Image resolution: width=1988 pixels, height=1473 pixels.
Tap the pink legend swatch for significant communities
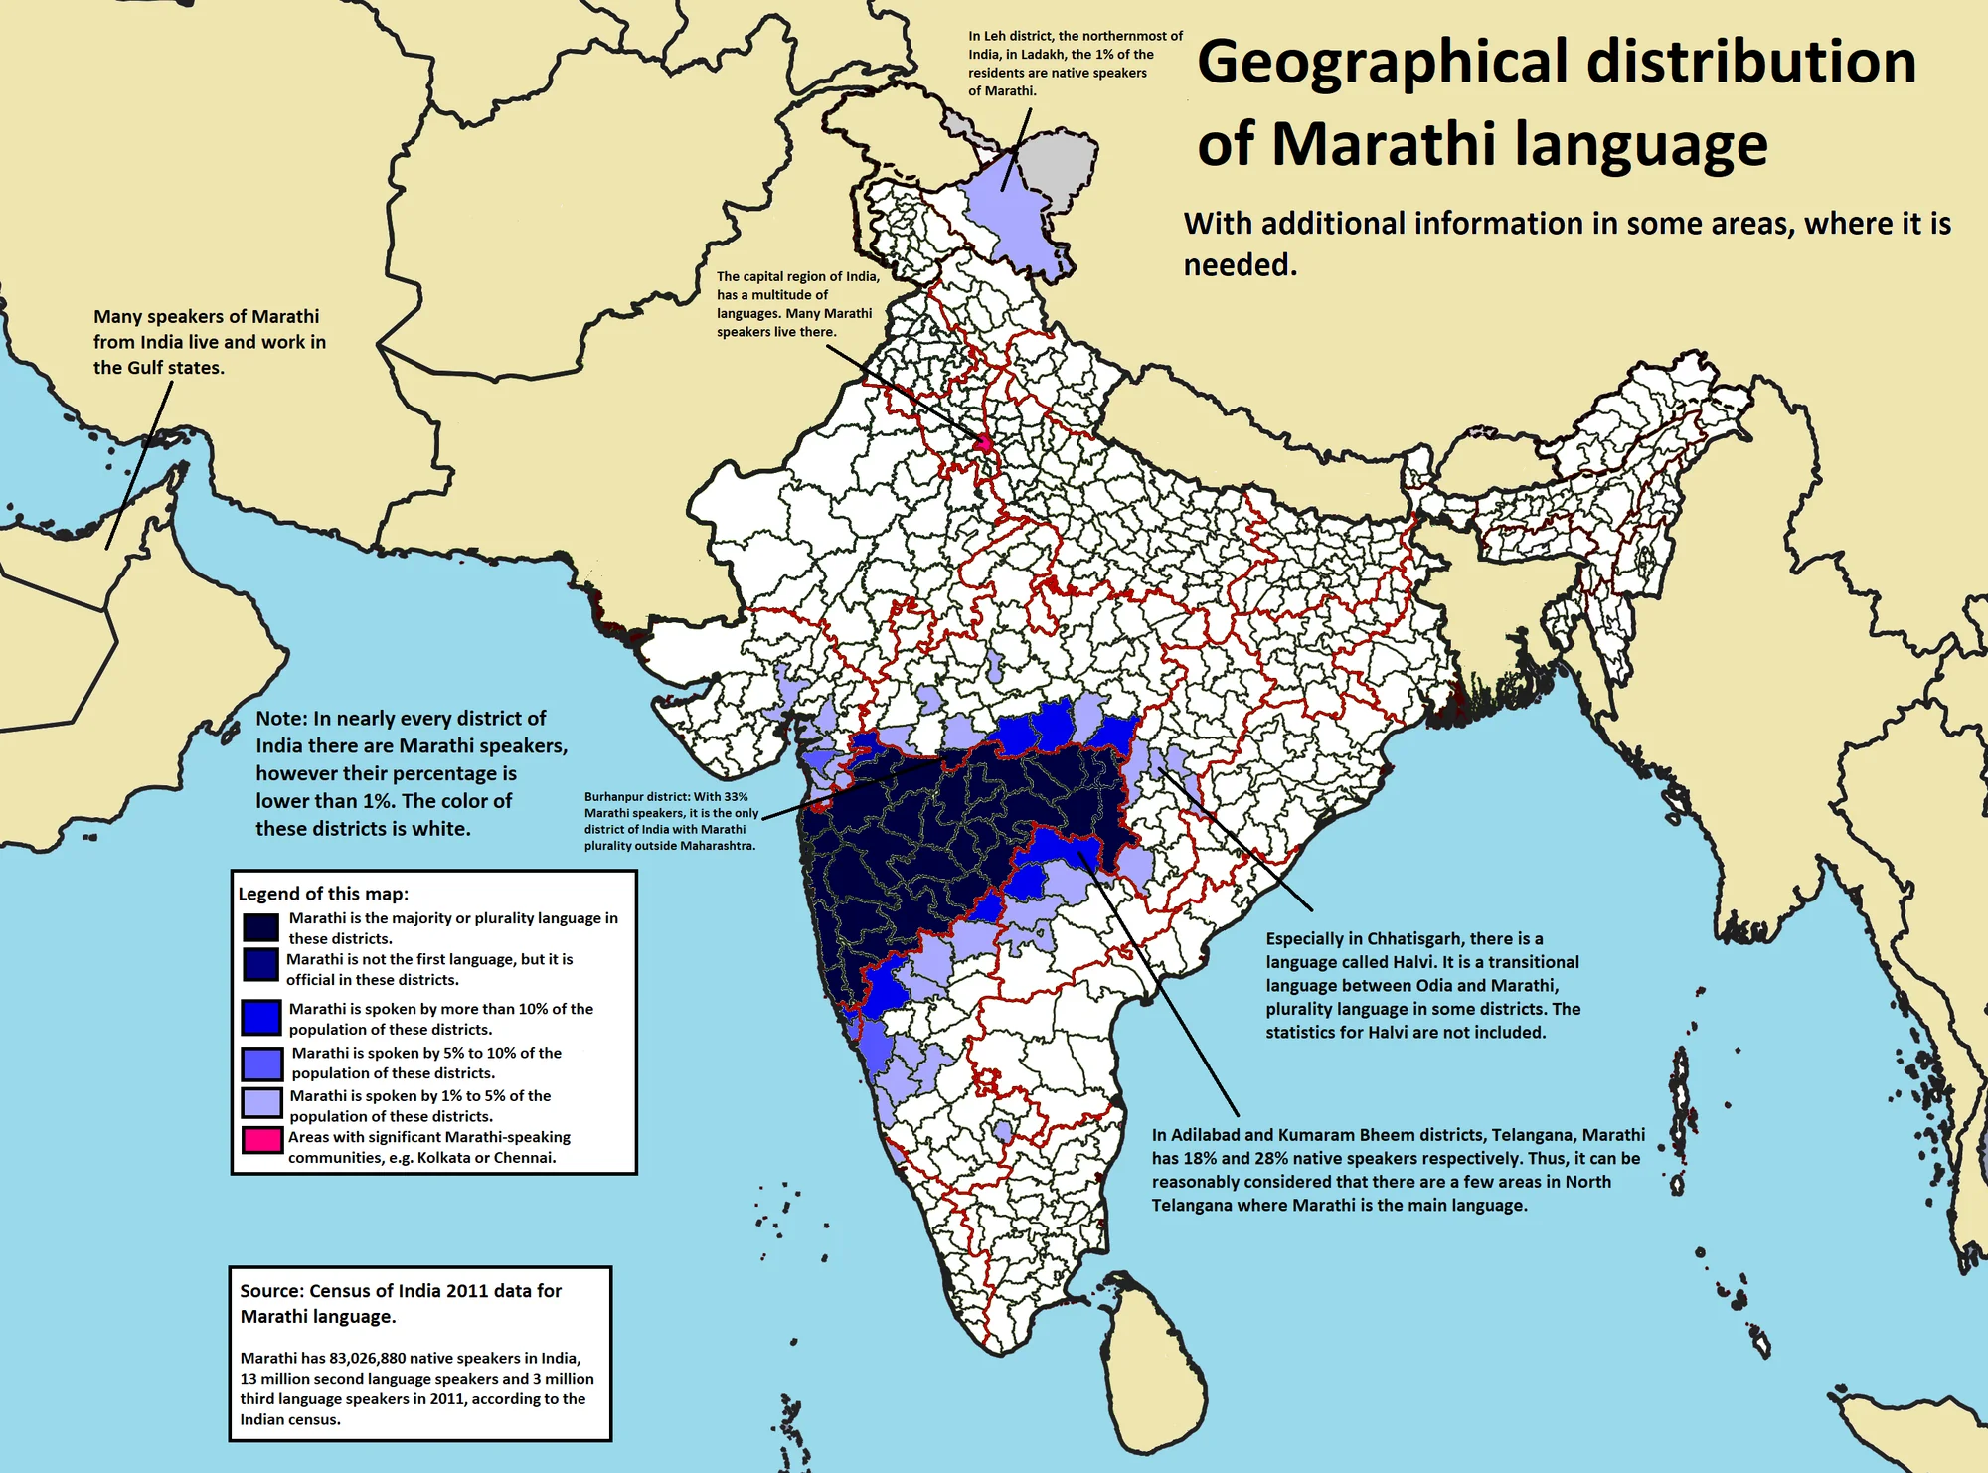pos(261,1140)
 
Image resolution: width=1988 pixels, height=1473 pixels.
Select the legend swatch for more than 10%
pos(261,1017)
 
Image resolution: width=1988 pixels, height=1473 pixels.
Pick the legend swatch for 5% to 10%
pos(261,1064)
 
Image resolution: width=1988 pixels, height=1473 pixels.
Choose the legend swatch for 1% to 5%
pos(261,1103)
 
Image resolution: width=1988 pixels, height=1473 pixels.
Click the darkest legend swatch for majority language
pos(260,926)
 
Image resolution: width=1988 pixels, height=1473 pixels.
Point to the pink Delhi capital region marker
pos(984,443)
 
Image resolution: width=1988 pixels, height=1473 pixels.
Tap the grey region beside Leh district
pos(1059,159)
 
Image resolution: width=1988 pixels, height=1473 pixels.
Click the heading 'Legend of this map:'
pos(323,894)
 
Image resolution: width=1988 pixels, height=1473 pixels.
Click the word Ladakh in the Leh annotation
pos(1039,55)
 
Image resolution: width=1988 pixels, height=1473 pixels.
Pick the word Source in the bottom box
pos(270,1291)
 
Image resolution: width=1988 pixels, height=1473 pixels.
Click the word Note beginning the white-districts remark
pos(279,719)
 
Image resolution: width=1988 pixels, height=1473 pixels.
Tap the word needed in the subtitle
pos(1240,265)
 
